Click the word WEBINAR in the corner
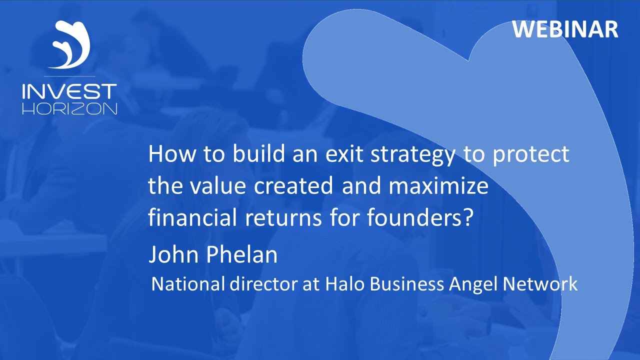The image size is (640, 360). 565,29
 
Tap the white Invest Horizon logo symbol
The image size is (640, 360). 70,45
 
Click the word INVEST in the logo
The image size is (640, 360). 69,92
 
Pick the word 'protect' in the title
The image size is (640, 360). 531,155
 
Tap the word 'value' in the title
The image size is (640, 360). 218,186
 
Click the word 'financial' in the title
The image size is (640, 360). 185,218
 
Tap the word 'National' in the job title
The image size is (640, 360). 188,284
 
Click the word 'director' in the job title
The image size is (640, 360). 263,284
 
